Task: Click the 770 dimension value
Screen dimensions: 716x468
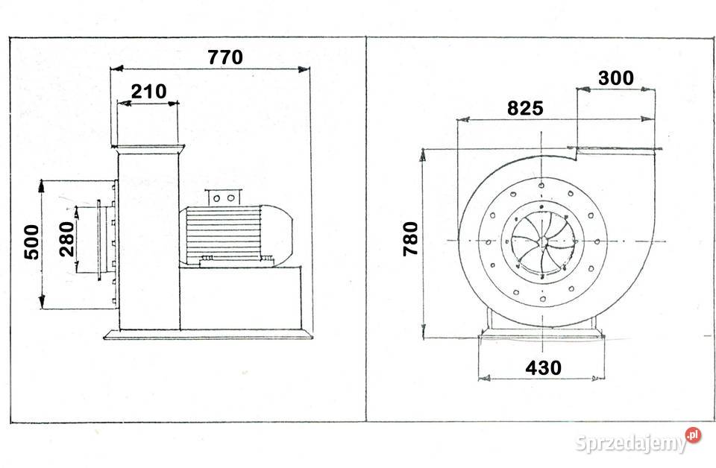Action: click(x=225, y=57)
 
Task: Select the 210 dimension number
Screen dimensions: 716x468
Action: click(x=149, y=92)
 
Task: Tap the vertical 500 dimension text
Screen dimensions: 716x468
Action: click(x=32, y=241)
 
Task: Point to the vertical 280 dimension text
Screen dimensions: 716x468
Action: click(x=67, y=239)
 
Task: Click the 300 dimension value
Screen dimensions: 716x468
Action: click(x=616, y=78)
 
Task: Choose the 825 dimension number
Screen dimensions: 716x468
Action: click(x=525, y=108)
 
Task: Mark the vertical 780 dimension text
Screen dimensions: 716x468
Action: click(x=410, y=238)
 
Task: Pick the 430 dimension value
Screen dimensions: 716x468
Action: click(x=543, y=367)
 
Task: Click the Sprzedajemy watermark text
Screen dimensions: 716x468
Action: click(x=631, y=443)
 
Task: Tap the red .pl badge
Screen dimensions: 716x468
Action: click(x=693, y=434)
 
